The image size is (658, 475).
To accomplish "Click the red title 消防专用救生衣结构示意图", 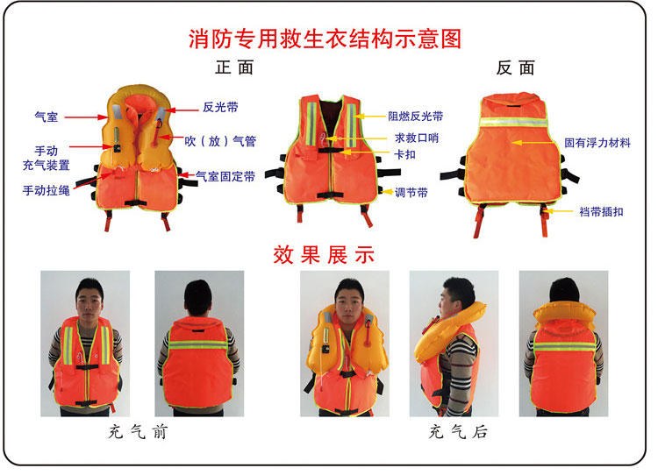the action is [x=325, y=39].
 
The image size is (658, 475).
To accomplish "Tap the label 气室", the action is [x=46, y=117].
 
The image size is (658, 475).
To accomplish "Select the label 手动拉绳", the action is [x=46, y=191].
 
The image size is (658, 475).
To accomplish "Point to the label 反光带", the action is [x=220, y=107].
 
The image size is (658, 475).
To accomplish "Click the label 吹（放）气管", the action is [x=220, y=141].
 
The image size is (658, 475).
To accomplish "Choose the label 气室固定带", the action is [x=225, y=176].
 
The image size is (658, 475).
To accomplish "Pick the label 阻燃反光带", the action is [x=416, y=117].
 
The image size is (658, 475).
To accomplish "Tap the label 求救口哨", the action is [x=417, y=138].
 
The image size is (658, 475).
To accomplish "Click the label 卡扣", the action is [x=405, y=155].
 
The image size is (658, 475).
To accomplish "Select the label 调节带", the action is [x=411, y=193].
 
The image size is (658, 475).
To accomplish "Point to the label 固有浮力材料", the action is [x=597, y=143].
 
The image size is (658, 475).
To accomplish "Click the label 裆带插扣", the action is [x=601, y=212].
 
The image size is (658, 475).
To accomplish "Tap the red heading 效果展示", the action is [x=324, y=255].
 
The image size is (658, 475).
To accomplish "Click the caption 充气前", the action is [x=138, y=431].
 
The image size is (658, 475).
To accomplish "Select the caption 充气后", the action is [x=458, y=431].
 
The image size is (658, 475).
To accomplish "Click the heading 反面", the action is [x=516, y=67].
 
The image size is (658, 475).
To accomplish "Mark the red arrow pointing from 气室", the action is [x=86, y=117].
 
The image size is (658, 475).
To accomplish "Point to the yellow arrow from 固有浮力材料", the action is [x=536, y=143].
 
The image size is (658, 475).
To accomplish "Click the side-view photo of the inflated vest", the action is [x=454, y=344].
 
